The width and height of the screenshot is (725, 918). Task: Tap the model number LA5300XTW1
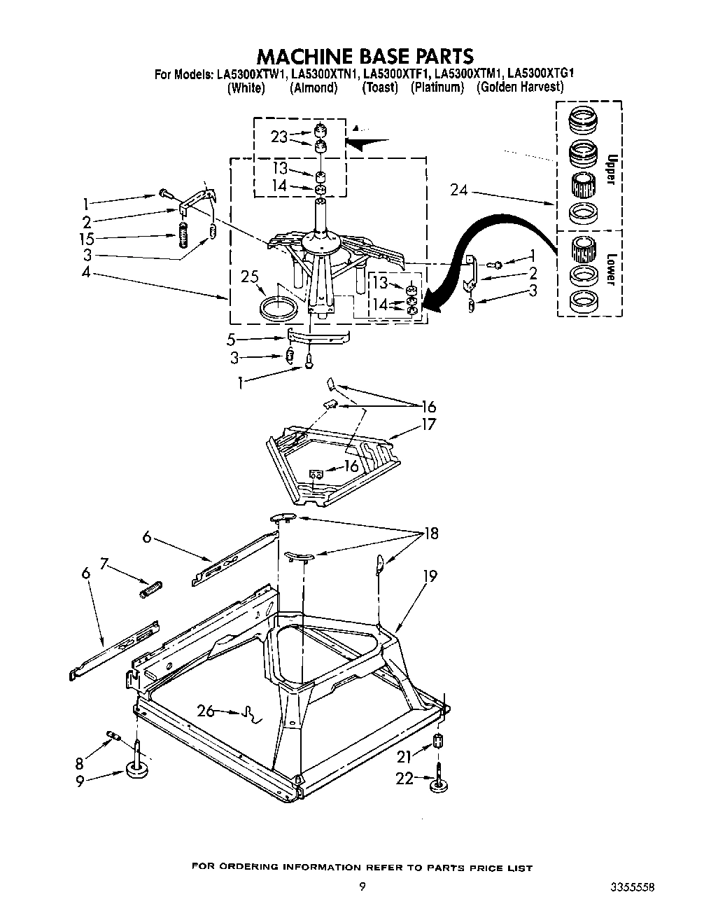pos(250,74)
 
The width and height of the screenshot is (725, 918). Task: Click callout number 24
pos(459,190)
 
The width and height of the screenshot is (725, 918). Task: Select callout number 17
pos(428,424)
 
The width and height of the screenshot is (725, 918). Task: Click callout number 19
pos(430,576)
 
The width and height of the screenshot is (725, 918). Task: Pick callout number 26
pos(206,711)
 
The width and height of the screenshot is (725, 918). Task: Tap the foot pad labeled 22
pos(437,787)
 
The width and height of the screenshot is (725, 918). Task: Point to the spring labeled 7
pos(150,589)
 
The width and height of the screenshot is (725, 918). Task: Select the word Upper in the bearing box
pos(610,170)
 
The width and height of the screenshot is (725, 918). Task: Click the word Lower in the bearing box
pos(610,268)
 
